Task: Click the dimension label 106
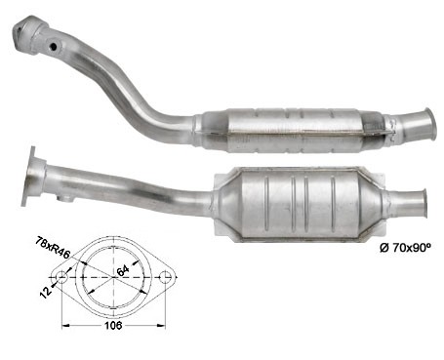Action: click(x=113, y=325)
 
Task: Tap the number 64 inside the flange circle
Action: click(x=123, y=270)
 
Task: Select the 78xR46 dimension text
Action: click(x=53, y=248)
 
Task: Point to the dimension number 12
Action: click(x=46, y=291)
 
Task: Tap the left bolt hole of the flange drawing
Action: click(x=61, y=277)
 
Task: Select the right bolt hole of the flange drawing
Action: click(x=165, y=277)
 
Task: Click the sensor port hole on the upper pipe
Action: click(x=54, y=47)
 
